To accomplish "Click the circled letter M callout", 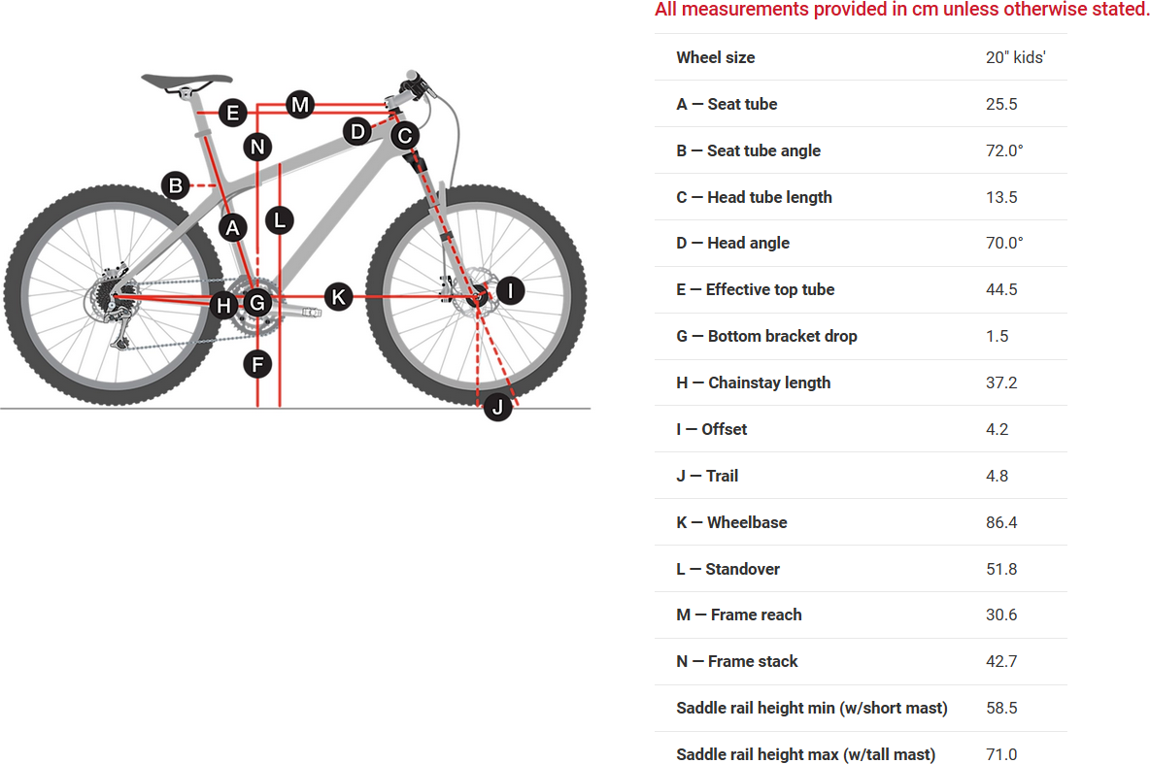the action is coord(300,105).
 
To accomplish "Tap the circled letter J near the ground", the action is coord(498,407).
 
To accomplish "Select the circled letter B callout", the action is coord(176,185).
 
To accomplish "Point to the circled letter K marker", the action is coord(338,297).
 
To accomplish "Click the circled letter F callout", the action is coord(257,364).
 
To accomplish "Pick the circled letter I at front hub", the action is coord(511,290).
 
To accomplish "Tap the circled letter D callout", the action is coord(357,132).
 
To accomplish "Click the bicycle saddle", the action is coord(187,80).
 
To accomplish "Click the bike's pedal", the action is coord(313,313).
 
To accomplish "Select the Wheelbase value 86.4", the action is coord(1001,523).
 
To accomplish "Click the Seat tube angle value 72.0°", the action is coord(1004,151).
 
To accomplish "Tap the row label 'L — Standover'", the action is coord(727,569).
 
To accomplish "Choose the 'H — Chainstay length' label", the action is coord(753,382).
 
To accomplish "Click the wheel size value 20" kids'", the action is coord(1016,58).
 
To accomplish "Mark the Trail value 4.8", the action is coord(997,476).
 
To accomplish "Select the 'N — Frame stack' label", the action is coord(736,661).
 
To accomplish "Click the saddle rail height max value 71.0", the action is coord(1001,754).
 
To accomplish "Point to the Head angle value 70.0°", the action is coord(1004,244).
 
